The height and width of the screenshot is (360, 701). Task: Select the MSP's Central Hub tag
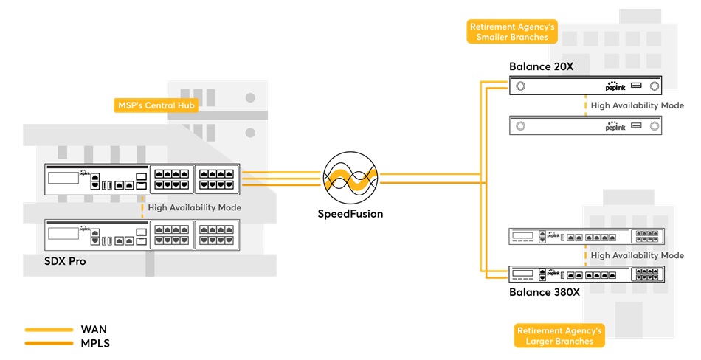click(157, 105)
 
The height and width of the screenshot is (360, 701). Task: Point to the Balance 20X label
click(541, 67)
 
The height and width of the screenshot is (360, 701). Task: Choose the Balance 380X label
click(545, 291)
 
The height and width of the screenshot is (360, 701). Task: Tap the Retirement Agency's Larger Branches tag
click(559, 336)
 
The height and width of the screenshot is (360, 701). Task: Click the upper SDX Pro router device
click(142, 179)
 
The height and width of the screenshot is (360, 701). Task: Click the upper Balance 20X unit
click(586, 86)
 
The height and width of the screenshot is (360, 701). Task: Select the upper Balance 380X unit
click(586, 236)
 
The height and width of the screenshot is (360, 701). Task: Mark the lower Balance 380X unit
click(586, 273)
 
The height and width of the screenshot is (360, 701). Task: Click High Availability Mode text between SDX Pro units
click(195, 208)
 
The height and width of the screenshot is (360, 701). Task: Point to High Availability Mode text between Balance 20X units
click(637, 105)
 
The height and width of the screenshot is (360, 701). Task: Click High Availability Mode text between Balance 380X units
click(637, 255)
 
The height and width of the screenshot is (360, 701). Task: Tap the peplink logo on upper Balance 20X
click(615, 86)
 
